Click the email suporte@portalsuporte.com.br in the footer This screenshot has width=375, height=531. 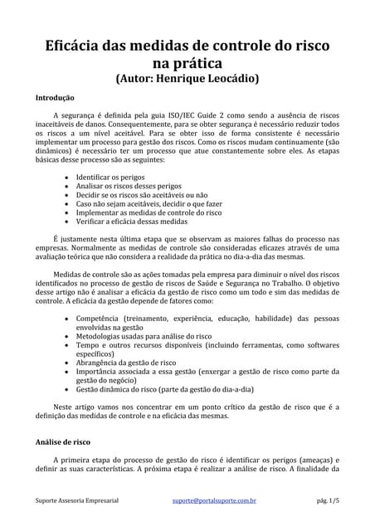click(x=214, y=501)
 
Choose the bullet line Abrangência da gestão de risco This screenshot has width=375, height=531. click(x=125, y=363)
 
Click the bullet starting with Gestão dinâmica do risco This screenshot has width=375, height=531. click(x=164, y=388)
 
